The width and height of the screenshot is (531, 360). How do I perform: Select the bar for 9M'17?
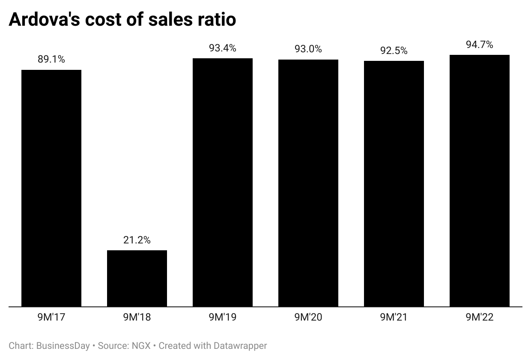(51, 188)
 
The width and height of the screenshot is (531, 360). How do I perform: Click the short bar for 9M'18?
(137, 279)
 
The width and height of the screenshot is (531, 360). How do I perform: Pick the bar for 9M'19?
(223, 183)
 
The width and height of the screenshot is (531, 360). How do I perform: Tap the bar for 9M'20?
(308, 183)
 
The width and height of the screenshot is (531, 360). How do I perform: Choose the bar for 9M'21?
(394, 184)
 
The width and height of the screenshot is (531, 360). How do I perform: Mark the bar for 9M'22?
(480, 181)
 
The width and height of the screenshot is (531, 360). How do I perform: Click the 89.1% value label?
(51, 60)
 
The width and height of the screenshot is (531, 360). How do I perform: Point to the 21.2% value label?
(137, 240)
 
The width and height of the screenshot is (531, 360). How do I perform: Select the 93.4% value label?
(223, 48)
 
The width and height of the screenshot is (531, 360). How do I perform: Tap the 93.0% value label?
(308, 49)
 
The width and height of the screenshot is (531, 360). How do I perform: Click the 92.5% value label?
(394, 51)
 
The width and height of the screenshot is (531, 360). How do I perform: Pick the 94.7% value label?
(480, 45)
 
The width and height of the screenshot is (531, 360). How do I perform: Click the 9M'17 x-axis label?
(51, 318)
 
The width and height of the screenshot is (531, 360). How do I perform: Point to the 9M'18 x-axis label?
(137, 318)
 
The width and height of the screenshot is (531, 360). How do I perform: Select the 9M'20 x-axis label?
(308, 318)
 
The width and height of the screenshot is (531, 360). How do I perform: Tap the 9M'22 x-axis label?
(480, 318)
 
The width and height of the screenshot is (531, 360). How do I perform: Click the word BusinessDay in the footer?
(63, 345)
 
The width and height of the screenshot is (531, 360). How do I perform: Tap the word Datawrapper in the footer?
(242, 345)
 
